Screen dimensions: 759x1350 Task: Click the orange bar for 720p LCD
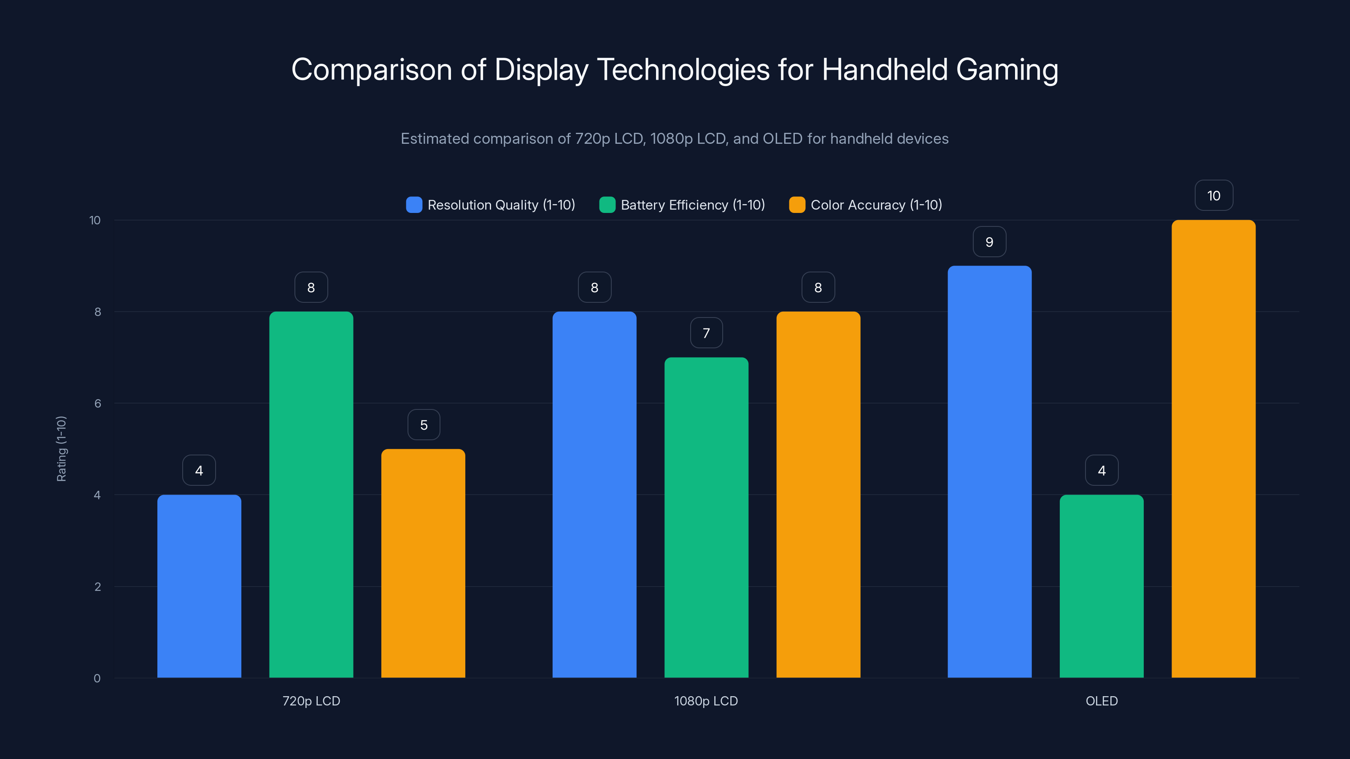[423, 563]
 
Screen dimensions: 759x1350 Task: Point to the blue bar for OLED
[989, 471]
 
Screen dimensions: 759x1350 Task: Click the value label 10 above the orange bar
[1214, 195]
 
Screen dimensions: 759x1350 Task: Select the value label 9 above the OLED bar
[989, 242]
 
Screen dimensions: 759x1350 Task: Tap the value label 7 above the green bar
[706, 333]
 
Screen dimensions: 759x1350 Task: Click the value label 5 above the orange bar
[424, 425]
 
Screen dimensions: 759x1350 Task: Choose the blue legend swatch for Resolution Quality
[414, 205]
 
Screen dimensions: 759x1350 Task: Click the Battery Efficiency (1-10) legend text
[692, 205]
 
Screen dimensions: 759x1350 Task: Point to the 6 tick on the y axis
[97, 404]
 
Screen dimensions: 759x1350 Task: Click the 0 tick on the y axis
[97, 678]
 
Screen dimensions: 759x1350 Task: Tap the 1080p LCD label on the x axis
[706, 701]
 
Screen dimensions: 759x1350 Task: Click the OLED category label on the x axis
[1101, 701]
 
